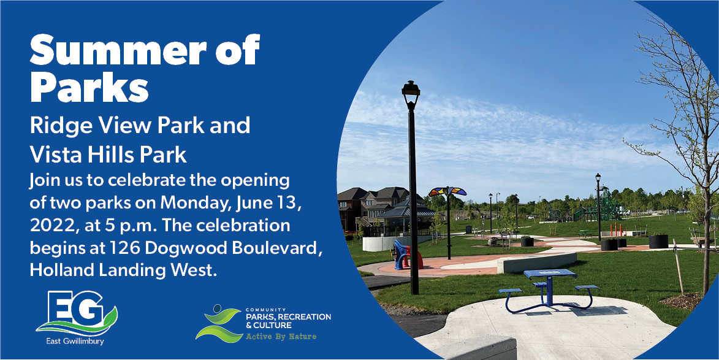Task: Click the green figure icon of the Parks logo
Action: pyautogui.click(x=219, y=323)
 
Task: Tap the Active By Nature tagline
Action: pyautogui.click(x=281, y=337)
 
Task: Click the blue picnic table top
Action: pyautogui.click(x=550, y=274)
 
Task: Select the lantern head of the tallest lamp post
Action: pyautogui.click(x=411, y=94)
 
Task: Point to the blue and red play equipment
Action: pyautogui.click(x=406, y=256)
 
